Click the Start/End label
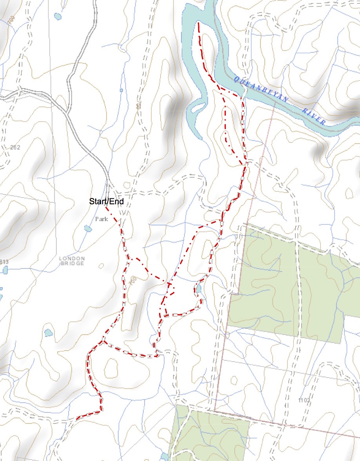(x=106, y=202)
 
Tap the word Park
(x=101, y=219)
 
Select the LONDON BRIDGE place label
(x=72, y=261)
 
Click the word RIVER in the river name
(x=314, y=115)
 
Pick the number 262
(x=16, y=147)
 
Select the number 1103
(x=304, y=400)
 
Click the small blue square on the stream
(x=121, y=90)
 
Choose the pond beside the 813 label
(x=5, y=270)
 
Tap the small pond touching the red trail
(x=199, y=289)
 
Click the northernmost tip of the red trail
(x=199, y=23)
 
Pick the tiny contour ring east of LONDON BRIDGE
(x=101, y=266)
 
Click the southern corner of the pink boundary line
(x=215, y=411)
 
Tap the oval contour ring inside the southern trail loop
(x=111, y=367)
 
